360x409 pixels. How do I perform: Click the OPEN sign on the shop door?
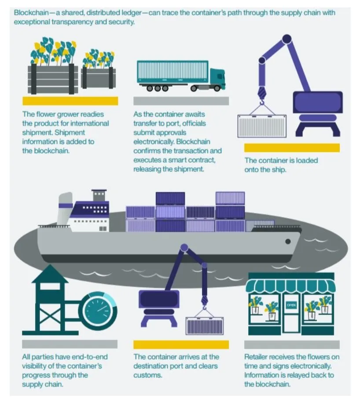click(x=291, y=305)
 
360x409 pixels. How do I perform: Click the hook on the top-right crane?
click(x=261, y=95)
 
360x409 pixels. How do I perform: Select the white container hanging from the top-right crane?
click(x=262, y=126)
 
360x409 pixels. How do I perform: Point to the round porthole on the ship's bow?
click(x=288, y=241)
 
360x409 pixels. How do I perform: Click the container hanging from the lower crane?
click(x=205, y=325)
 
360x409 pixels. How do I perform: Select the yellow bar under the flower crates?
click(x=70, y=101)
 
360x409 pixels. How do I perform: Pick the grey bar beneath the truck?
click(x=181, y=101)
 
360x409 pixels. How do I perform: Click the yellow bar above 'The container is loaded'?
click(x=292, y=148)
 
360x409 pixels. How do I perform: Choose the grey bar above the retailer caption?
click(x=292, y=345)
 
